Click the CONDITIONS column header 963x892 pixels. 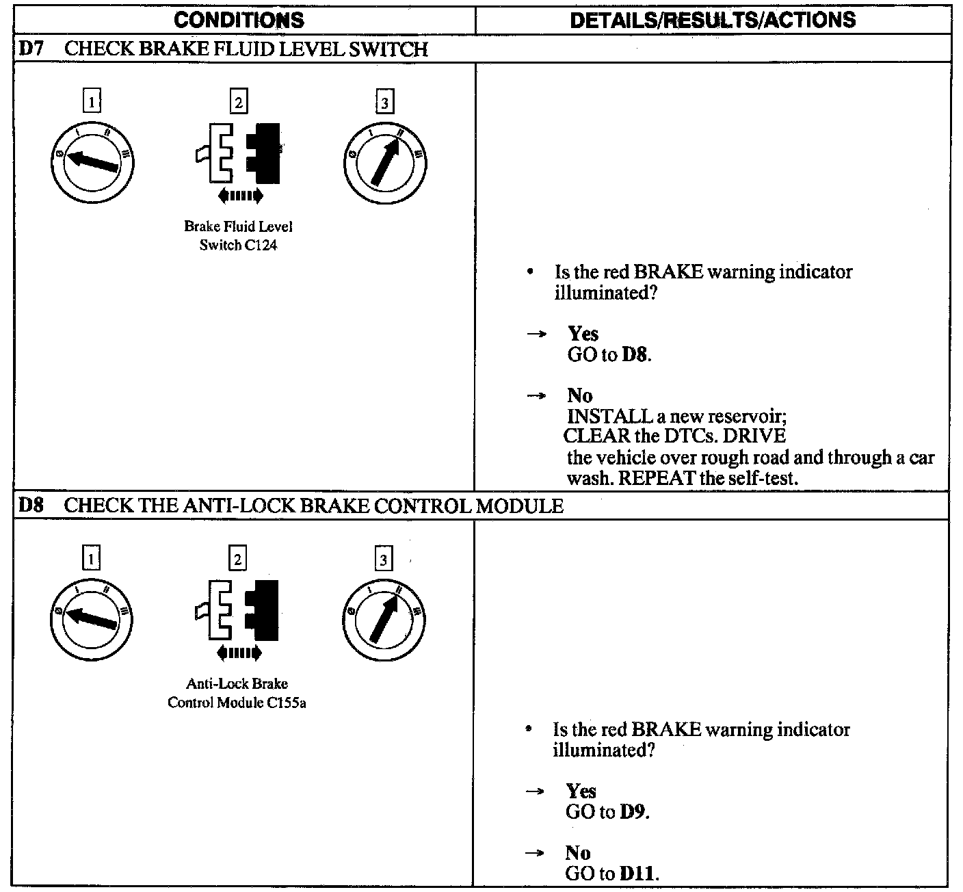[239, 20]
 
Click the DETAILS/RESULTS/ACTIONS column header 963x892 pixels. [713, 20]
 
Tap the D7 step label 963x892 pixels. [29, 49]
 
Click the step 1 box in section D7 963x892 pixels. [91, 102]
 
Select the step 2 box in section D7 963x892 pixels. [238, 102]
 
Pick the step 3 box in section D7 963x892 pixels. [384, 103]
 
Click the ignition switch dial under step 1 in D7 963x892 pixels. [93, 161]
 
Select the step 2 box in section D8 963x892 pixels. [237, 559]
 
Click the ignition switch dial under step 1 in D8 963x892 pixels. [92, 618]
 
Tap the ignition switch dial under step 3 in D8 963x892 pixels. [384, 620]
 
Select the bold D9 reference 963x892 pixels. [633, 812]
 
